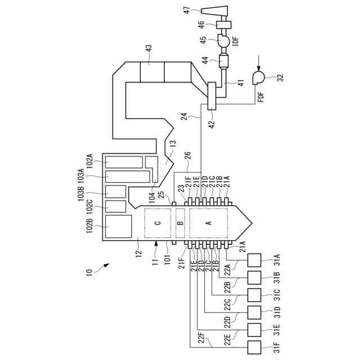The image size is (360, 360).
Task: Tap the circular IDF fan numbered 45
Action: tap(223, 41)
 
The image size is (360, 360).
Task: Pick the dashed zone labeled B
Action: tap(181, 223)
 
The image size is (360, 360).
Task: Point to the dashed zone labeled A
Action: tap(209, 223)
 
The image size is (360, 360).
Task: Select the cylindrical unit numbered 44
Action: tap(225, 62)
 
